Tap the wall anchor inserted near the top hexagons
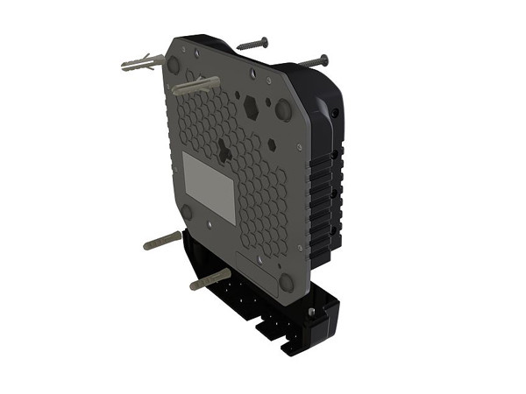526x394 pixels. tap(195, 87)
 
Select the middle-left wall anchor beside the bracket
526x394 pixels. tap(162, 240)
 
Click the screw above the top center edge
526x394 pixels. tap(252, 42)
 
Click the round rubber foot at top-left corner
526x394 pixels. tap(174, 66)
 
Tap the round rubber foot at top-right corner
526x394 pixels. tap(283, 111)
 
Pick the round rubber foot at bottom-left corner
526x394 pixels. tap(186, 212)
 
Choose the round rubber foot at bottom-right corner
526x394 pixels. tap(286, 281)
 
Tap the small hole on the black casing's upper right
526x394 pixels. tap(336, 115)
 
